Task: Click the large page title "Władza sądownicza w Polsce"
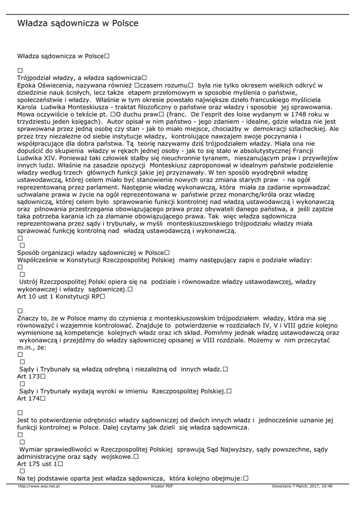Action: [78, 23]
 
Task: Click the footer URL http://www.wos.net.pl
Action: [39, 487]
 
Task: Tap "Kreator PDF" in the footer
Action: [162, 487]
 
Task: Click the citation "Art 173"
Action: [28, 377]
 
